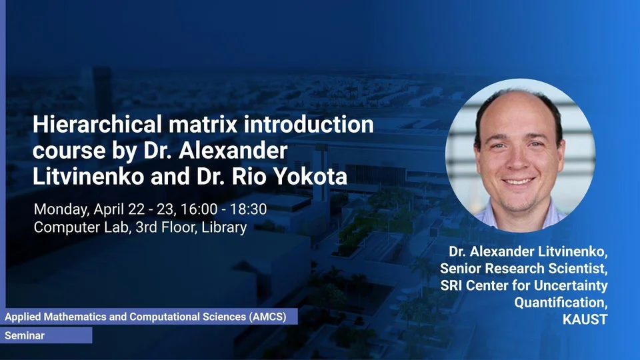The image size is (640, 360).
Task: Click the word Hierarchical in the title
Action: point(97,124)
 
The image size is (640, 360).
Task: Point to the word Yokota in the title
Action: point(310,176)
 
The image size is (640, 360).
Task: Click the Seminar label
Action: point(25,336)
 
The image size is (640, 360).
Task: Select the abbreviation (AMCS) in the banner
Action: point(268,317)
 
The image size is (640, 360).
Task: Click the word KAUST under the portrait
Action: point(585,319)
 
